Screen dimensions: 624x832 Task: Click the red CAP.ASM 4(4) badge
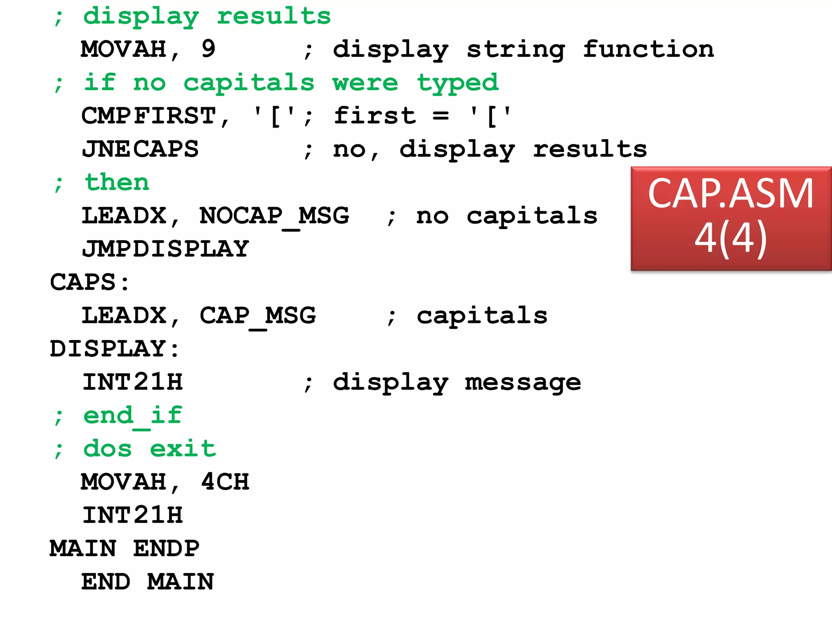731,218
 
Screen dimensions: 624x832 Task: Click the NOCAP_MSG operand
274,216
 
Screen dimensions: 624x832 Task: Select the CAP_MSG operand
258,316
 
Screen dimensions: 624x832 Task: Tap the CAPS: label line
89,282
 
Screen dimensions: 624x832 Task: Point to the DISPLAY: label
114,349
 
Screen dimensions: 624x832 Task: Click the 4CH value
225,482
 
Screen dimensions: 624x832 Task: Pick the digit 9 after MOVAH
208,49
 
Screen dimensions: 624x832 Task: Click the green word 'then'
117,182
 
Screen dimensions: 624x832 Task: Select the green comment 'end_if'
132,416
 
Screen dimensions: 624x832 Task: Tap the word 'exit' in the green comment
183,449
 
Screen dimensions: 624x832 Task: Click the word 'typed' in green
458,83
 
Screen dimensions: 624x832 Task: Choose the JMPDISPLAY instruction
165,249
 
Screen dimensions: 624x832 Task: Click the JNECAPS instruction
140,149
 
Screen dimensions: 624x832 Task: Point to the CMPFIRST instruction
149,116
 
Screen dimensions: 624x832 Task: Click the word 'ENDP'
166,549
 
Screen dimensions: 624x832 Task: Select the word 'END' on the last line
106,582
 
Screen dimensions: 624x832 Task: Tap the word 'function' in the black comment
648,49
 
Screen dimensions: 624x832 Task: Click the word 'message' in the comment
523,382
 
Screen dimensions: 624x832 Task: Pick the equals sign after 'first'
441,116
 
